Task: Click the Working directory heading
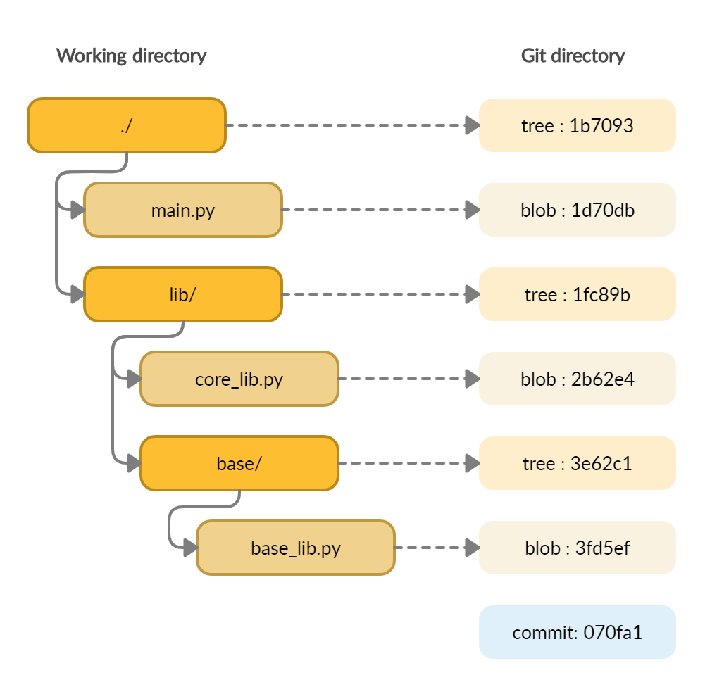click(131, 56)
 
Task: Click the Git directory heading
click(573, 56)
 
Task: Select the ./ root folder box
click(127, 125)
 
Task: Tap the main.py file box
click(183, 210)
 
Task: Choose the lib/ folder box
click(183, 294)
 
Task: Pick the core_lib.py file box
click(239, 379)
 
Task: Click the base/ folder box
click(239, 463)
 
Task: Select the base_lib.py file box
click(296, 548)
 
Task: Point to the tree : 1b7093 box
click(578, 125)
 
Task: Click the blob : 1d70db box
click(578, 210)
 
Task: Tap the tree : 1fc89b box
click(578, 294)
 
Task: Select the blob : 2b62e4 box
click(578, 379)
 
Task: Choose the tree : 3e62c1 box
click(578, 463)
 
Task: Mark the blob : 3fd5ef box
click(578, 548)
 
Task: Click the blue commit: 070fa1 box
click(578, 632)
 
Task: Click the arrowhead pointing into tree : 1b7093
click(472, 125)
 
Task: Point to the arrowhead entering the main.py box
click(77, 210)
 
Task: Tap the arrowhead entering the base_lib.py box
click(189, 548)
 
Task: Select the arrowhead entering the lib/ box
click(77, 294)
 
